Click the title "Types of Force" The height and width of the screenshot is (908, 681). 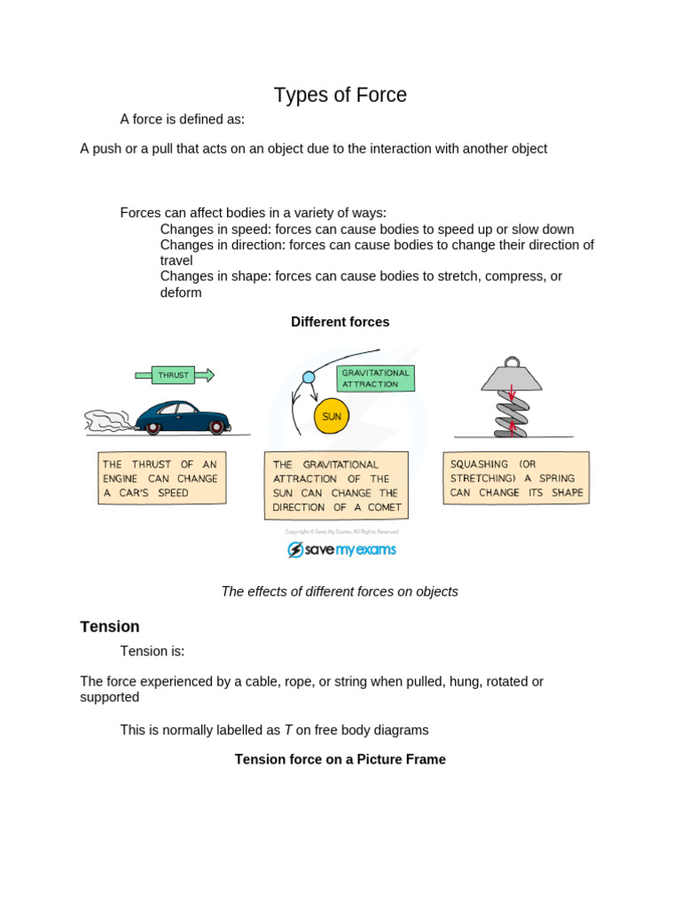point(340,95)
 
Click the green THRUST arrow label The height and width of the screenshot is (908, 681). point(174,375)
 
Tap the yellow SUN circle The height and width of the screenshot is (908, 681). point(332,416)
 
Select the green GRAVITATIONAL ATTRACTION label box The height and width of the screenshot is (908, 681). point(376,379)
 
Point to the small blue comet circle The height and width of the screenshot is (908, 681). point(309,377)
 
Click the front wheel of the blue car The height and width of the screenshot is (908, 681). point(215,427)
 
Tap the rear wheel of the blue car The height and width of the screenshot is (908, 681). point(153,427)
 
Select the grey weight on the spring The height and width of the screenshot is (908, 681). point(512,376)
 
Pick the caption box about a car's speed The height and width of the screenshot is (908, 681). point(161,478)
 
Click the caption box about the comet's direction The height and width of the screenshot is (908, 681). point(336,485)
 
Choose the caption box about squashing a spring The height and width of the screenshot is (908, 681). point(516,478)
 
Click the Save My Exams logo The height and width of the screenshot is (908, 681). point(341,550)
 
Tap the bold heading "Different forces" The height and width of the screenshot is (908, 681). point(340,322)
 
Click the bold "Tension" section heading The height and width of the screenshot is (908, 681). point(110,627)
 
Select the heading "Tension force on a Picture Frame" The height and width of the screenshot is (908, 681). point(340,759)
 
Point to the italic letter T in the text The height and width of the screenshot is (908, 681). point(288,731)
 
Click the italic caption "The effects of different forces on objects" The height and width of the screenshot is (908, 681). point(340,591)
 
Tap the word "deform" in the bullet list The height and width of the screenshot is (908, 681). point(181,293)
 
